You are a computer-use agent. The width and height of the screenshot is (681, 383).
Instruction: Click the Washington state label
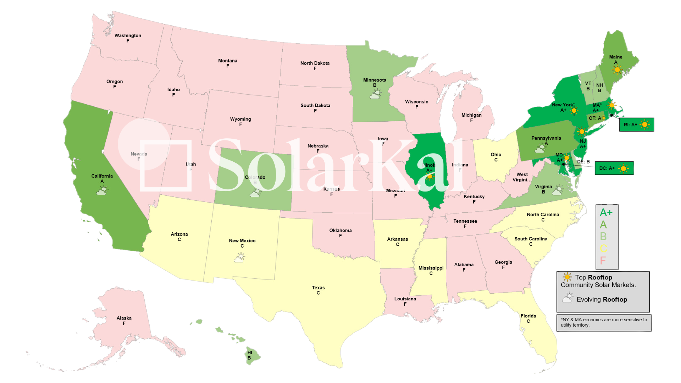[128, 36]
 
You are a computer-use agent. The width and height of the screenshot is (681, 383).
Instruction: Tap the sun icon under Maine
[617, 70]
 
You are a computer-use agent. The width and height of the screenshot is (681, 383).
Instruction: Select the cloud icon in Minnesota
[375, 94]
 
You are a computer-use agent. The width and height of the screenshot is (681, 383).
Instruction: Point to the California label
[102, 176]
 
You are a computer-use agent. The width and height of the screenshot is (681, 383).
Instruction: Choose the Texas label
[318, 288]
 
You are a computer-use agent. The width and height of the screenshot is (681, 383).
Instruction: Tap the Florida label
[528, 316]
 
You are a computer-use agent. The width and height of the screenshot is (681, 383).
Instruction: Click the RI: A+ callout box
[636, 125]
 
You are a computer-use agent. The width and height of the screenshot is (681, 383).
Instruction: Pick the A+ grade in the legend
[606, 213]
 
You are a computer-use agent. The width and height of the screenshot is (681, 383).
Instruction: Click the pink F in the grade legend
[603, 261]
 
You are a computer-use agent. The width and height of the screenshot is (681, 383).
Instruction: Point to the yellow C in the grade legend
[603, 249]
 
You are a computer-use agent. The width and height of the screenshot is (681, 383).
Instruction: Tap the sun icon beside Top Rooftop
[567, 277]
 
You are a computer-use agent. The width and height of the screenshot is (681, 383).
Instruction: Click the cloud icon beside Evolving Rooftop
[567, 298]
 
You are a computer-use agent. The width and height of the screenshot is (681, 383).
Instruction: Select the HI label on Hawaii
[250, 353]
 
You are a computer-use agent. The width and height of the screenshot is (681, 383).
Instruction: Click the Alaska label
[124, 318]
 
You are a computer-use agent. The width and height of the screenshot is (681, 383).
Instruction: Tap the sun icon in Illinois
[430, 176]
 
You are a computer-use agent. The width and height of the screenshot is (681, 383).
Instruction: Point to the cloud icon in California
[102, 190]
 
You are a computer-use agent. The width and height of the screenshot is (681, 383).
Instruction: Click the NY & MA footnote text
[604, 322]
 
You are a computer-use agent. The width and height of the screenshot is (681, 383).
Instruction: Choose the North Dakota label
[315, 63]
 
